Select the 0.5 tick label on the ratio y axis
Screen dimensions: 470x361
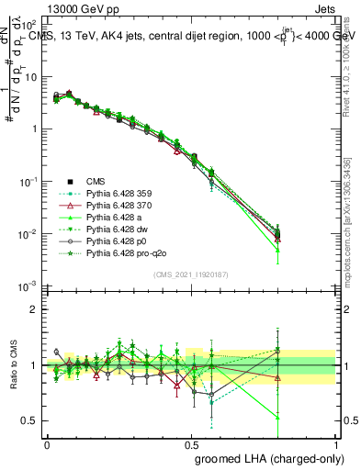tap(29, 420)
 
